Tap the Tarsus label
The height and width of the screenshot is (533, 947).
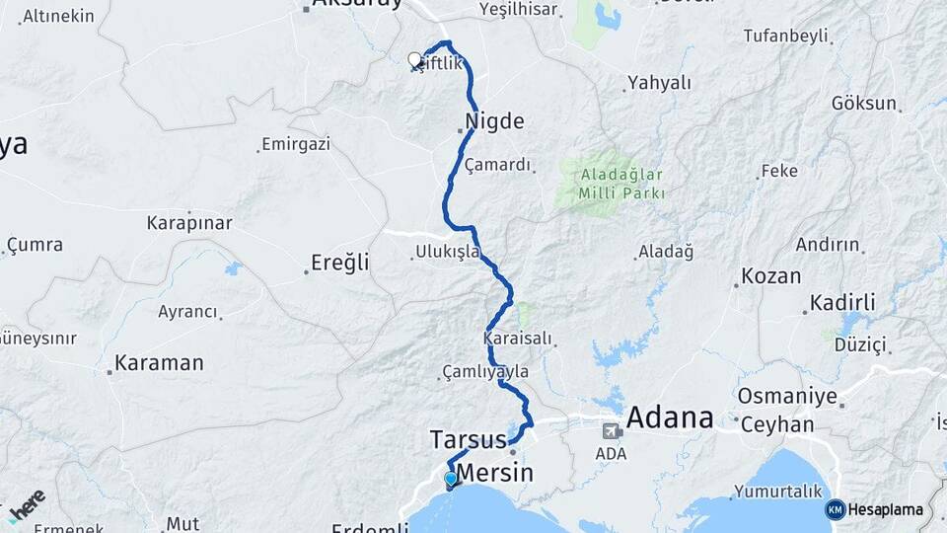[x=468, y=438]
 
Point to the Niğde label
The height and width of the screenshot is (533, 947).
[x=495, y=122]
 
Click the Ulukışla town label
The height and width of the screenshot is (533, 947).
[x=448, y=253]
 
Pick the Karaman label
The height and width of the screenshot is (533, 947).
[x=159, y=363]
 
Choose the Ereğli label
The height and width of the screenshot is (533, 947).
[x=339, y=263]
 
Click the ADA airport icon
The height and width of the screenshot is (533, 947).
[x=612, y=431]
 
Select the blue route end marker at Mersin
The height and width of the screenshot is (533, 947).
[x=451, y=480]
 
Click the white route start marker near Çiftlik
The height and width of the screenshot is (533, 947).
[x=415, y=60]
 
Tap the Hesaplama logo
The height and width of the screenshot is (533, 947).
[x=874, y=509]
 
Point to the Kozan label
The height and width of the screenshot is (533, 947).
[x=770, y=275]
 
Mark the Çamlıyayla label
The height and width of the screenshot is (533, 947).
[x=485, y=372]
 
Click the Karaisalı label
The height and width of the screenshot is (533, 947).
[x=518, y=339]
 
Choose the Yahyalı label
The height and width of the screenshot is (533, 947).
[x=660, y=83]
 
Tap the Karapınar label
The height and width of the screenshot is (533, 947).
[x=189, y=222]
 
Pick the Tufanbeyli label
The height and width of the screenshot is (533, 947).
[x=786, y=36]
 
